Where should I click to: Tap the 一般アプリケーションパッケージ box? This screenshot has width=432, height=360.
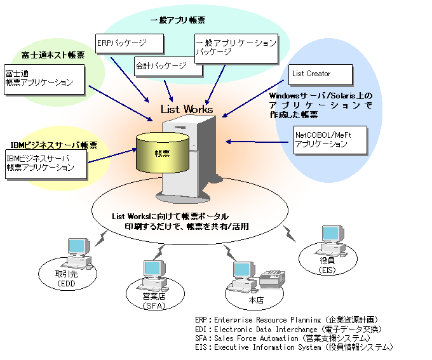tap(236, 48)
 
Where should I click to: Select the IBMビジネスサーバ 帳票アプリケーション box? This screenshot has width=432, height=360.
tap(44, 163)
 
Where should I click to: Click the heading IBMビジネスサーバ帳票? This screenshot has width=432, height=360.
tap(54, 145)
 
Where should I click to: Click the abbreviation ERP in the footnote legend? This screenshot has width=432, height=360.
tap(203, 321)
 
